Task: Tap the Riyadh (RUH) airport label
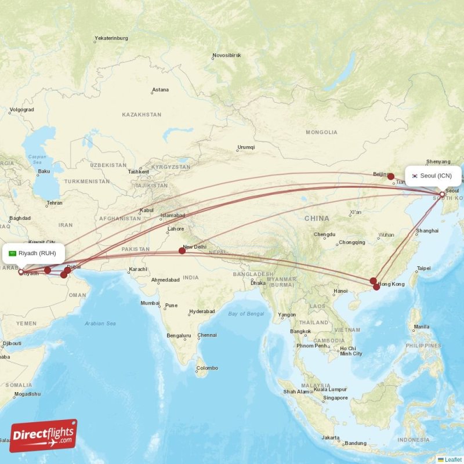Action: click(x=37, y=253)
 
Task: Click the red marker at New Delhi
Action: click(x=182, y=251)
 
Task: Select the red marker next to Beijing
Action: click(x=391, y=176)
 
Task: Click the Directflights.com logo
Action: click(x=43, y=436)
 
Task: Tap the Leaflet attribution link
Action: click(x=452, y=459)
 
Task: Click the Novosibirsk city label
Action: click(x=226, y=56)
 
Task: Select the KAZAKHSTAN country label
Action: click(x=142, y=115)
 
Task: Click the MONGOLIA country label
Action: click(x=321, y=132)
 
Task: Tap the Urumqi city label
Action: click(x=246, y=147)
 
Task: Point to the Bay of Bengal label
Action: click(x=246, y=314)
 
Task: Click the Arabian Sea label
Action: click(x=100, y=323)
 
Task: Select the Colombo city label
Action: click(x=207, y=368)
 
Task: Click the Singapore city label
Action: click(x=336, y=398)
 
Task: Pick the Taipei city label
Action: click(x=424, y=268)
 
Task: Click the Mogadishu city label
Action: click(x=28, y=394)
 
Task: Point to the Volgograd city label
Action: click(x=22, y=109)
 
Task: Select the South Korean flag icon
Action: click(x=415, y=176)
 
